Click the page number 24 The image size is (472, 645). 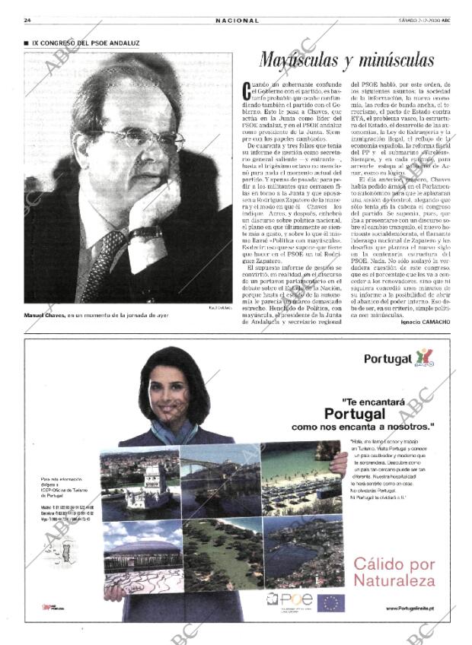(x=27, y=20)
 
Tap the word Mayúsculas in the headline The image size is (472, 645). (x=301, y=61)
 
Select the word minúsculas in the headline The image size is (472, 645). (x=397, y=61)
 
